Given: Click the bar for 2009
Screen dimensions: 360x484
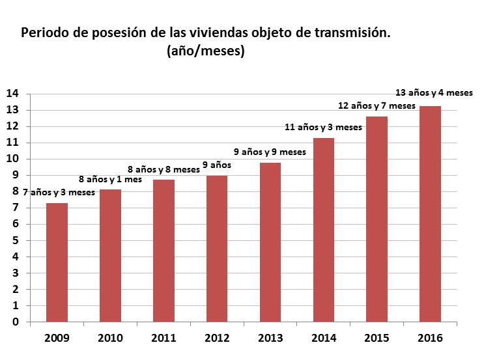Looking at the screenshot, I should tap(57, 262).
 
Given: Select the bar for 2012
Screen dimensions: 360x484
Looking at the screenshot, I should tap(217, 249).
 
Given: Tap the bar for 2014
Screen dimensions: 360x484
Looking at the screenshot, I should tap(324, 230).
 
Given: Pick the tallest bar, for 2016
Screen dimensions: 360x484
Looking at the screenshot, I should tap(430, 214).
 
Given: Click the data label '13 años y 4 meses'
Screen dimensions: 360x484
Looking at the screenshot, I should tap(434, 92).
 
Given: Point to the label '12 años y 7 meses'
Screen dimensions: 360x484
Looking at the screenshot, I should tap(377, 105).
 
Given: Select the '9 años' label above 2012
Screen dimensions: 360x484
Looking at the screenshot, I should tap(216, 165).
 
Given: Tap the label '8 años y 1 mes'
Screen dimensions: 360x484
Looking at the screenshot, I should tap(110, 178).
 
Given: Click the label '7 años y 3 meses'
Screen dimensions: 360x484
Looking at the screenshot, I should tap(59, 192).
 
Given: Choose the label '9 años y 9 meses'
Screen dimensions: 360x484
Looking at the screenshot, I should tap(270, 152).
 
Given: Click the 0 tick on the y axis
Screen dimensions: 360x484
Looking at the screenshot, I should tap(14, 322).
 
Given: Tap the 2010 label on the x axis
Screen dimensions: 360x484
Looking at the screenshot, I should tap(110, 339).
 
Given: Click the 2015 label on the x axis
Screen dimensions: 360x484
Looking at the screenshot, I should tap(377, 339).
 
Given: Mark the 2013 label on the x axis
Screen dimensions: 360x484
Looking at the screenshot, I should tap(270, 339).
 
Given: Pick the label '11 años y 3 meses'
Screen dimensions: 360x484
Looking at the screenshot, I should tap(324, 127).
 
